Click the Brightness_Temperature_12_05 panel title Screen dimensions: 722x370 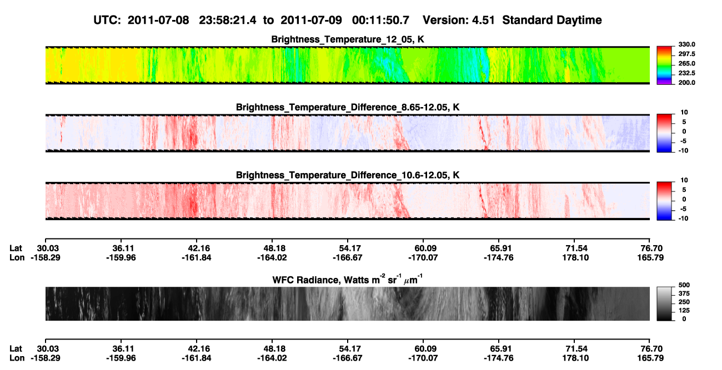coord(348,39)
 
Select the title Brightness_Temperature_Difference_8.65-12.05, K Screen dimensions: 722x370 coord(348,107)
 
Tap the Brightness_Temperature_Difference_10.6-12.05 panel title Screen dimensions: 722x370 coord(348,175)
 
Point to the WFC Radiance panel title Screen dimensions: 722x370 coord(348,279)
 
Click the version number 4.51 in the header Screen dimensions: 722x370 coord(483,20)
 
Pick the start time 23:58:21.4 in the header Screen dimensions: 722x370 coord(227,20)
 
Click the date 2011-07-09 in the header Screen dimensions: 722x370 coord(311,20)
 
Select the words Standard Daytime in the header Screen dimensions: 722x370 coord(552,21)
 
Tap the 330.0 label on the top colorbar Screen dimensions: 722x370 coord(686,44)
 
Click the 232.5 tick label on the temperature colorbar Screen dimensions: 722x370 coord(686,73)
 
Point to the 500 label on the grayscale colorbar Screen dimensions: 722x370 coord(684,285)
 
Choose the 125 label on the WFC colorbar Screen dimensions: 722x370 coord(684,311)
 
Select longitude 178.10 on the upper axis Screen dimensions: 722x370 coord(575,257)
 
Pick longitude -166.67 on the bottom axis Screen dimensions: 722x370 coord(348,358)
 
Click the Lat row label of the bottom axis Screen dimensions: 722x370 coord(16,349)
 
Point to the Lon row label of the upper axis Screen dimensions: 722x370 coord(17,257)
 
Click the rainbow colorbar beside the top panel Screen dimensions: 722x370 coord(664,65)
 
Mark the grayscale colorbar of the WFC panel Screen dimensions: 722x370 coord(664,303)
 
